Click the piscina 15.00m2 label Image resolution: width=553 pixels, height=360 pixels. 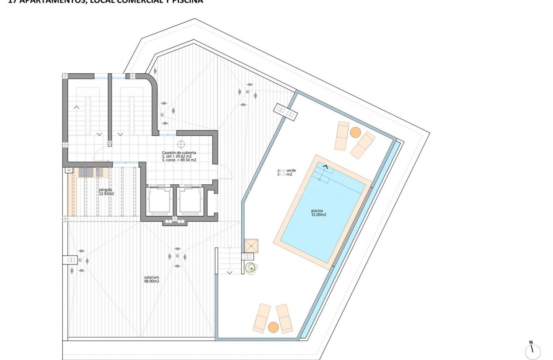tap(318, 212)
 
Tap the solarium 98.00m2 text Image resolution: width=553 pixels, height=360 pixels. tap(151, 279)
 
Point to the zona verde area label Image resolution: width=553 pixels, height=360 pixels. tap(284, 172)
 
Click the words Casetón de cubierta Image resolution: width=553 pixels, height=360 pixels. tap(179, 153)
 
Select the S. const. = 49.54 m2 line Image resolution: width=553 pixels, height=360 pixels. tap(179, 160)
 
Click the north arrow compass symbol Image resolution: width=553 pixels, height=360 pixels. tap(532, 350)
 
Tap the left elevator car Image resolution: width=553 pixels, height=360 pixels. tap(159, 200)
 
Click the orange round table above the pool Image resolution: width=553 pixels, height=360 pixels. tap(355, 132)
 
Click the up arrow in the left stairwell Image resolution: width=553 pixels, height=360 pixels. tap(77, 107)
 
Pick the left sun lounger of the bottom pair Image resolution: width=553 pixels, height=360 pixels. tap(262, 317)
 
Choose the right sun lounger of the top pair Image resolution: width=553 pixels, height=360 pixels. tap(363, 145)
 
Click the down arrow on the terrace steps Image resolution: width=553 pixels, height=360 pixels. tap(230, 272)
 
